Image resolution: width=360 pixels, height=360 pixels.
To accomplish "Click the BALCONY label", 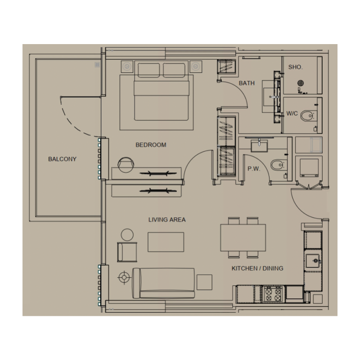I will point(63,159).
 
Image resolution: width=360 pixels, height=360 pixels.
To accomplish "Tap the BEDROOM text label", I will point(151,145).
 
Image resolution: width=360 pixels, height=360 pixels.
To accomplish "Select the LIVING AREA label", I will point(167,220).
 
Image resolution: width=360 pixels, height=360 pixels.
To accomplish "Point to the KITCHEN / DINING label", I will point(257,268).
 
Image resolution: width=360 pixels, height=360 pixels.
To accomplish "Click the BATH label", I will point(247,83).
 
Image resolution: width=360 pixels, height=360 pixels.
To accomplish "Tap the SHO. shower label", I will point(295,67).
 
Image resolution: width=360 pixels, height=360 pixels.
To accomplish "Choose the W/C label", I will point(292,114).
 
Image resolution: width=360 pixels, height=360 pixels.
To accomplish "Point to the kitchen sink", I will point(313,260).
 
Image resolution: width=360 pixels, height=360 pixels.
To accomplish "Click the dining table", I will point(243,237).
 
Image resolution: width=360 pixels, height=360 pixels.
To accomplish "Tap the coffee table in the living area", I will point(166,242).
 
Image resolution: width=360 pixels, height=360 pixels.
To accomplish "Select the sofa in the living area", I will point(163,283).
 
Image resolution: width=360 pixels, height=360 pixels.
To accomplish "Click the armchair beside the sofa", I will point(128,252).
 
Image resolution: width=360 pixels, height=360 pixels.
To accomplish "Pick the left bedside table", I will point(126,66).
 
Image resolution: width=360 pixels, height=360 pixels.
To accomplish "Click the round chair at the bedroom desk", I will point(126,163).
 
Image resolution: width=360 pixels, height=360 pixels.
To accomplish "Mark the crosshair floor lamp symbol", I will point(123,277).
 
